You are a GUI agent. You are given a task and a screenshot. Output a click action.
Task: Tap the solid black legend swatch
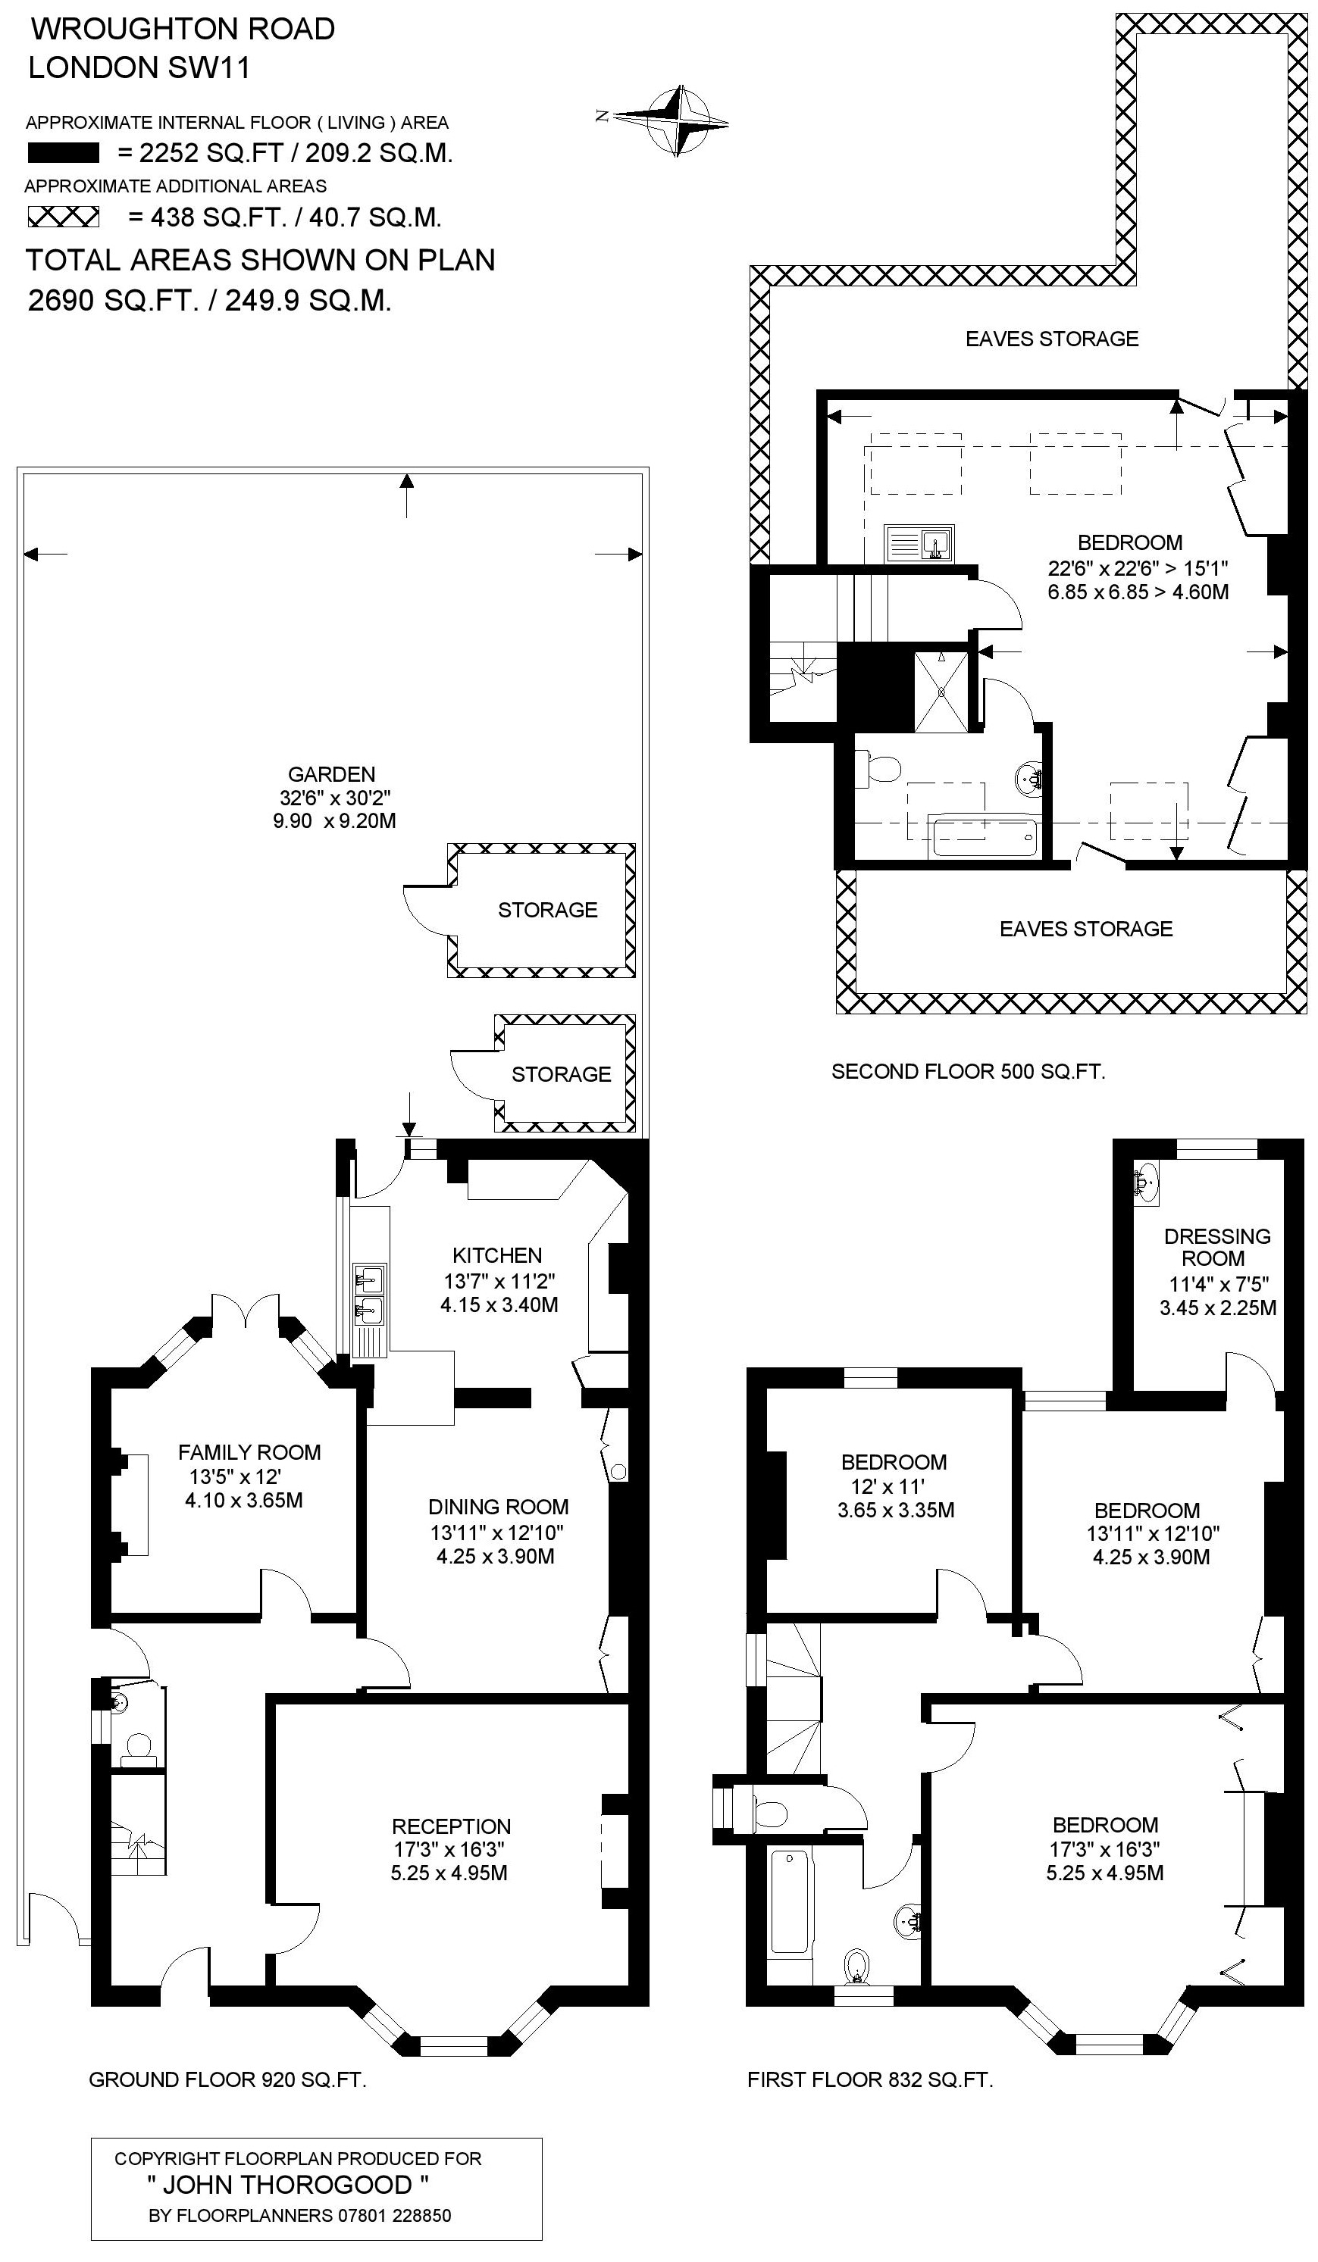(63, 154)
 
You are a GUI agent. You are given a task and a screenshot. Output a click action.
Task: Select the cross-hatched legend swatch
(63, 217)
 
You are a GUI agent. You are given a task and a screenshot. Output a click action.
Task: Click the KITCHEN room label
(497, 1255)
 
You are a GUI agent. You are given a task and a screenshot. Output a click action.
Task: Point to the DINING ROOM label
(498, 1507)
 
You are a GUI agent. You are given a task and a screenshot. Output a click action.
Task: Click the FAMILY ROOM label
(249, 1452)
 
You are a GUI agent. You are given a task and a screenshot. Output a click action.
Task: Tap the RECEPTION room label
(451, 1826)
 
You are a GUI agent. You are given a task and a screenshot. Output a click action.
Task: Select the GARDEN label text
(331, 773)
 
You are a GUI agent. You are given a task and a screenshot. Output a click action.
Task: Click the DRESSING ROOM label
(1216, 1248)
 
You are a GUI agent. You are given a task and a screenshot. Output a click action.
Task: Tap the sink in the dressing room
(1147, 1183)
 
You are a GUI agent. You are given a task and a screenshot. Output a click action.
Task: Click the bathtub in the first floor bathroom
(789, 1902)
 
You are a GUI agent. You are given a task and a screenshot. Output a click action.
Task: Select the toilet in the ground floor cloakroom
(139, 1746)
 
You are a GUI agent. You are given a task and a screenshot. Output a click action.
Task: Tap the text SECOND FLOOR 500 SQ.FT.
(968, 1071)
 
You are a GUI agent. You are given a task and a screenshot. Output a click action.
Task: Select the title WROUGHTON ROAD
(183, 30)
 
